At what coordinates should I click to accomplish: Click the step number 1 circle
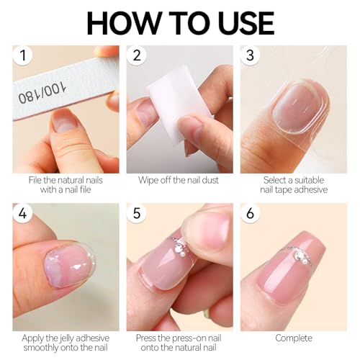click(23, 55)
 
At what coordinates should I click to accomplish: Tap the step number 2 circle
click(137, 55)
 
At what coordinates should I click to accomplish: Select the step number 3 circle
click(251, 55)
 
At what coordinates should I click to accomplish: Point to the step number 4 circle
click(23, 213)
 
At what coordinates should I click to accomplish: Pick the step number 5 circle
click(137, 213)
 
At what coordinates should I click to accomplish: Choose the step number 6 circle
click(251, 213)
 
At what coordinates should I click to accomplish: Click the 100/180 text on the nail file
click(42, 92)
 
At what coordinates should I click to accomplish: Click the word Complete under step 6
click(294, 338)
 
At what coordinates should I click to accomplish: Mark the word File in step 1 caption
click(34, 180)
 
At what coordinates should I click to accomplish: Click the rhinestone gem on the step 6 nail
click(299, 256)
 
